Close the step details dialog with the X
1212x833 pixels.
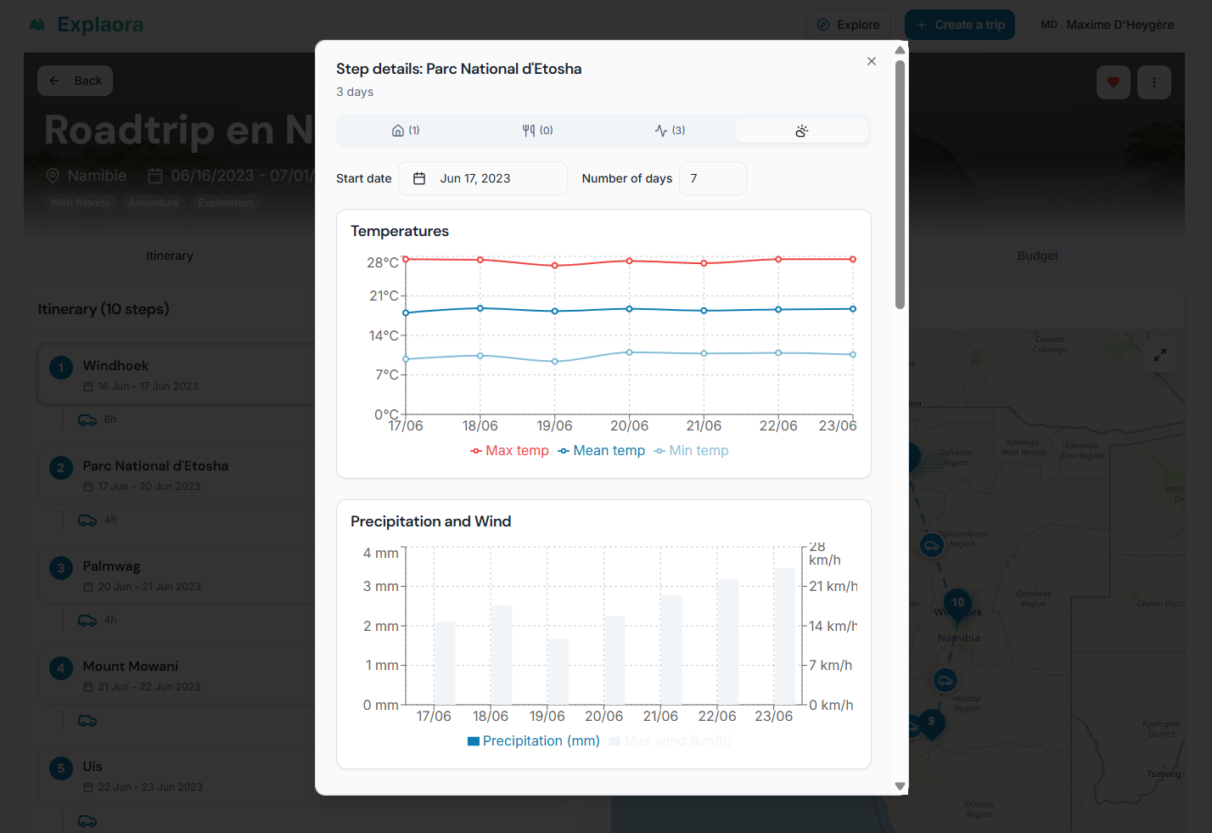pyautogui.click(x=872, y=61)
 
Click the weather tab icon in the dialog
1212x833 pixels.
pyautogui.click(x=801, y=131)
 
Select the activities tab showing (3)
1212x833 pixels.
pyautogui.click(x=670, y=131)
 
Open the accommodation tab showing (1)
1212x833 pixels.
pyautogui.click(x=406, y=131)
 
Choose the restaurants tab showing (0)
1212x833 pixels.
pyautogui.click(x=537, y=131)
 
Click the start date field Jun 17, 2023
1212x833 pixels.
pyautogui.click(x=482, y=178)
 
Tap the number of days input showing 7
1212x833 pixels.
pyautogui.click(x=711, y=178)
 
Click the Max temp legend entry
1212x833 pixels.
pyautogui.click(x=509, y=451)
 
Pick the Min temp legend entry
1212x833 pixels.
pyautogui.click(x=691, y=451)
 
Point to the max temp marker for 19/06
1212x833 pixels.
pyautogui.click(x=555, y=266)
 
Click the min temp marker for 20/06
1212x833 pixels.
pyautogui.click(x=629, y=352)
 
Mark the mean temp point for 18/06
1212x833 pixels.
pyautogui.click(x=480, y=308)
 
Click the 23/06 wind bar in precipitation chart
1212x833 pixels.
pyautogui.click(x=784, y=636)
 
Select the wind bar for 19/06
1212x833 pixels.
pyautogui.click(x=558, y=672)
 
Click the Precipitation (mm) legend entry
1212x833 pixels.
pyautogui.click(x=534, y=741)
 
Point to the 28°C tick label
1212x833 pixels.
pyautogui.click(x=382, y=263)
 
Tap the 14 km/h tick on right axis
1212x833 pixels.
pyautogui.click(x=832, y=627)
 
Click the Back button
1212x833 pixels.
pyautogui.click(x=76, y=81)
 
